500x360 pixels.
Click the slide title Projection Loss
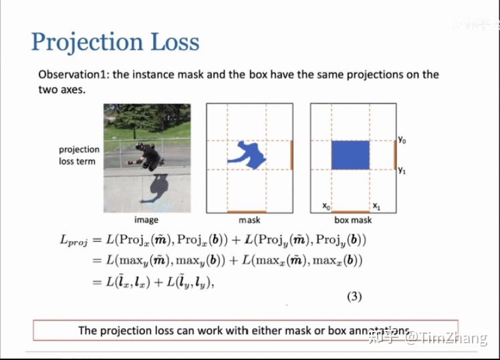tap(115, 42)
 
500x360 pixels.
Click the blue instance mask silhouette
tap(248, 155)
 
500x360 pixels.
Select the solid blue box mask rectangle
tap(350, 154)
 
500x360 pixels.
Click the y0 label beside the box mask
tap(402, 140)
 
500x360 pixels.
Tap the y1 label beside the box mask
tap(402, 170)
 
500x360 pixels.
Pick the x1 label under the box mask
tap(376, 206)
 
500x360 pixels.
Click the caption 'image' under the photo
tap(146, 220)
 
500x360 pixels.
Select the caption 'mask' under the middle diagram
tap(249, 220)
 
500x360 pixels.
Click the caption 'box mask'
tap(353, 220)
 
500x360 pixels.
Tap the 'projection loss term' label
tap(79, 156)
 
